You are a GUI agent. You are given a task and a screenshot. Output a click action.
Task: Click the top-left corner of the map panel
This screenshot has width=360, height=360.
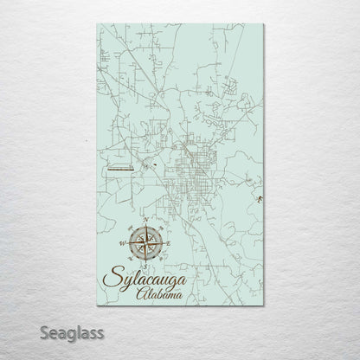[x=97, y=24]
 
